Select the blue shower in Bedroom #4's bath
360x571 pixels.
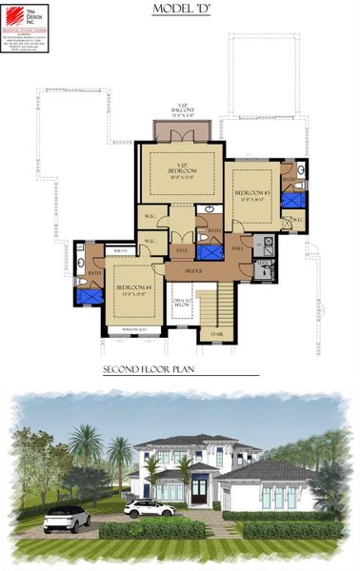[90, 296]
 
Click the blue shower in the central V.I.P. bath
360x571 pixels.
[210, 252]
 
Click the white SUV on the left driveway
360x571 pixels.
[67, 518]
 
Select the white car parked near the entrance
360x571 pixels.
[149, 508]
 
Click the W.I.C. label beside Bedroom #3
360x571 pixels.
[296, 220]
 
